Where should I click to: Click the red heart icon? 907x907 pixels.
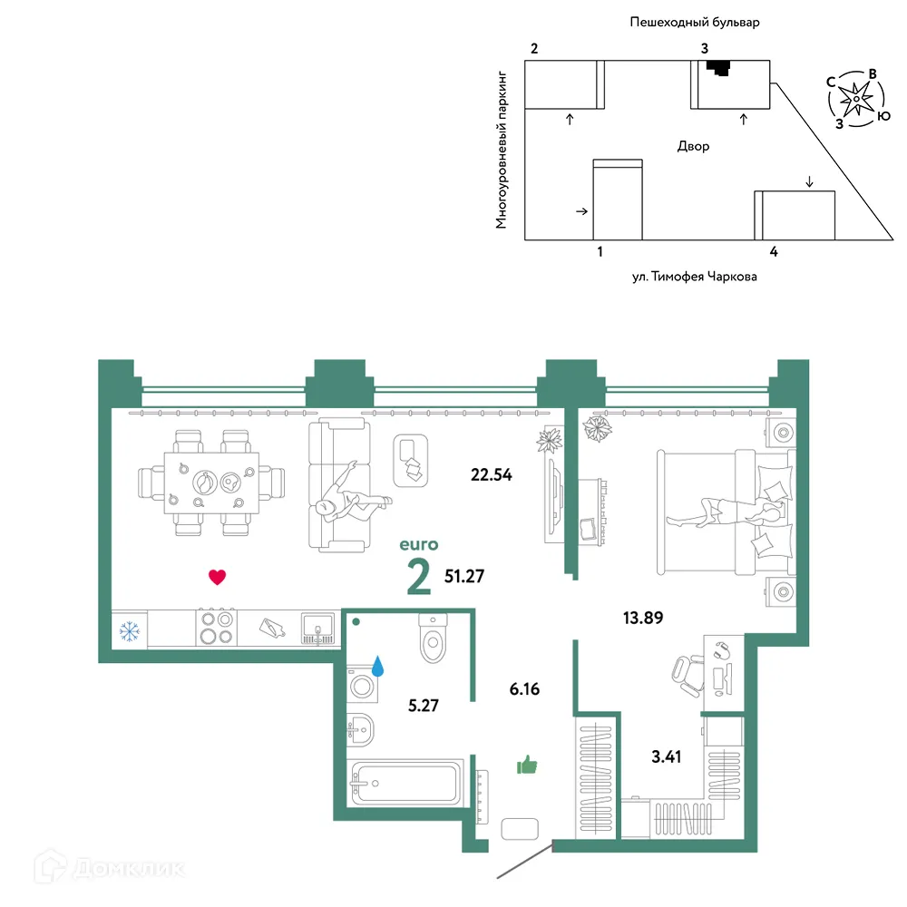click(217, 577)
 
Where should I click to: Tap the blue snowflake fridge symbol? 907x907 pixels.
click(130, 631)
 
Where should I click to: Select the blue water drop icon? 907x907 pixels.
click(377, 666)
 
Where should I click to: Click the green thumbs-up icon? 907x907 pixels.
click(527, 766)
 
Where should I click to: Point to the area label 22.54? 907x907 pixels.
click(491, 475)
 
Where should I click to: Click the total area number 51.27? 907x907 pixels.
click(463, 576)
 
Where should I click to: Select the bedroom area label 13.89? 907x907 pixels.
click(643, 618)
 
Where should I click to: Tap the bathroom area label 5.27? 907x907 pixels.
click(424, 705)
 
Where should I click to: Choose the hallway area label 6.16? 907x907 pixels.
click(524, 689)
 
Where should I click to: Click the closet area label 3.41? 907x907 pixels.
click(666, 756)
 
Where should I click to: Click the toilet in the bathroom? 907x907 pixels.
click(433, 638)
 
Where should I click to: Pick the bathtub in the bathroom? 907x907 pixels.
click(406, 784)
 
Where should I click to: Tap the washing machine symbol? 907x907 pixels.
click(363, 686)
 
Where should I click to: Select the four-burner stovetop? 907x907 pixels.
click(217, 628)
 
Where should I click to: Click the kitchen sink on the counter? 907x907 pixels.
click(317, 629)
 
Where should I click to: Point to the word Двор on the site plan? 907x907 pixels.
click(693, 146)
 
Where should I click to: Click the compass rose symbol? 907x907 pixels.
click(857, 98)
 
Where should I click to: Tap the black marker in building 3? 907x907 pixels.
click(719, 68)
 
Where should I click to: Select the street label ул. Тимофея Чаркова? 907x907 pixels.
click(694, 277)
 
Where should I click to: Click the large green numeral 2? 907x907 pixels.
click(419, 577)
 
